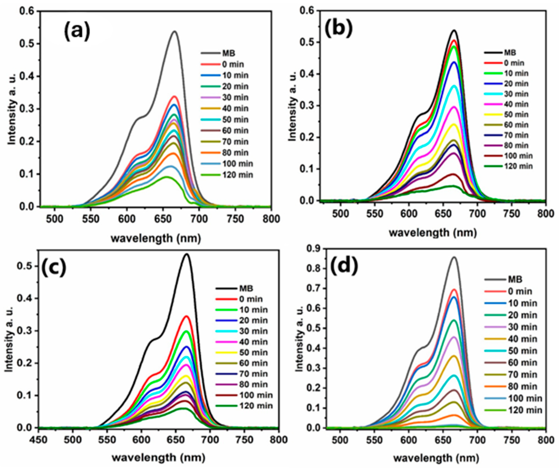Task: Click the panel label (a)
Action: (77, 31)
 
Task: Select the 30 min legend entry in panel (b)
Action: (516, 94)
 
